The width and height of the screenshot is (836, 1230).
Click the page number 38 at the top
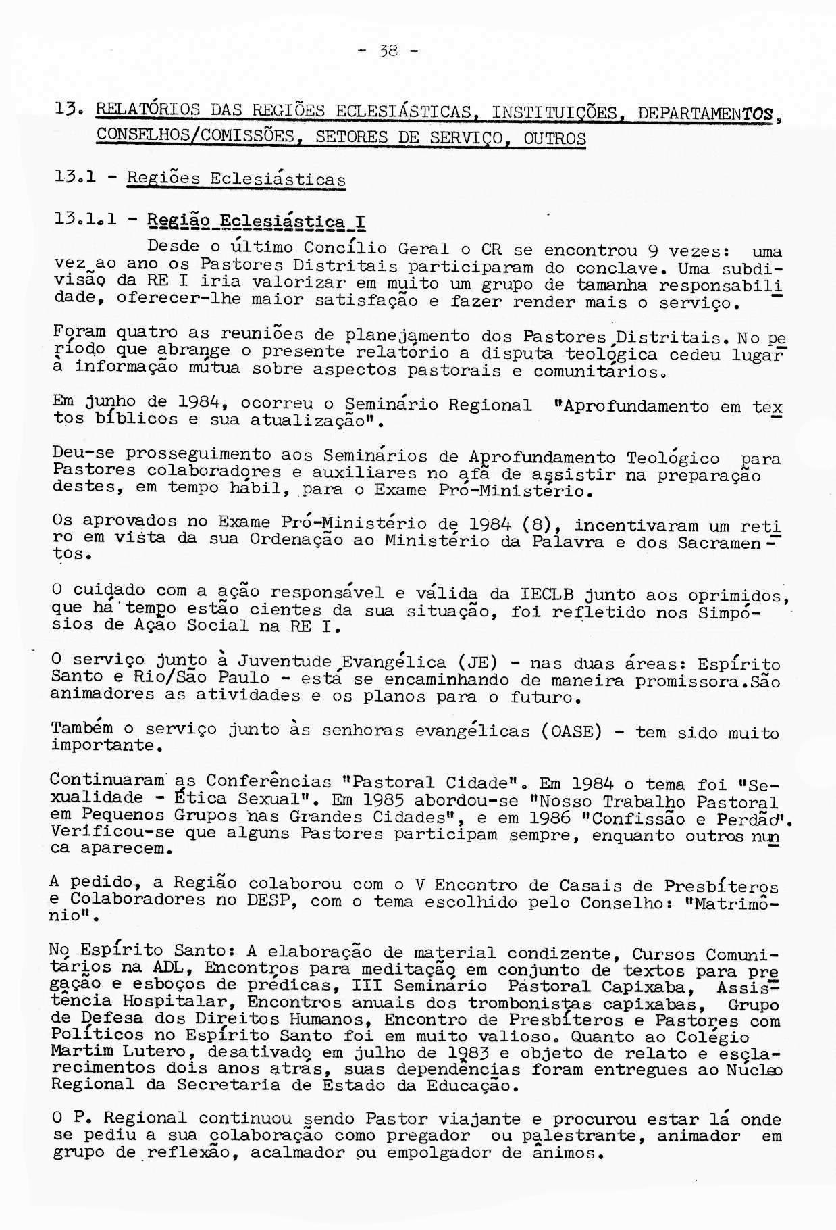point(388,50)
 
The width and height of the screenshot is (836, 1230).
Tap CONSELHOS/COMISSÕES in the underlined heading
point(197,136)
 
